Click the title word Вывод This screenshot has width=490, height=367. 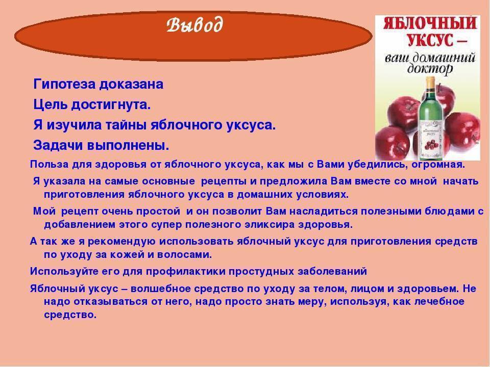[x=194, y=24]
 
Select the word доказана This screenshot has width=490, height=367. [x=131, y=85]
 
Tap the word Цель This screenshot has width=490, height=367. [x=51, y=104]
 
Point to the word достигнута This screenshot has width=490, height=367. [x=111, y=105]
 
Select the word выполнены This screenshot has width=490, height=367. [x=128, y=145]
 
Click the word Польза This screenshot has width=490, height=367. [x=49, y=164]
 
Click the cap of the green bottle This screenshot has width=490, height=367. [x=431, y=82]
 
